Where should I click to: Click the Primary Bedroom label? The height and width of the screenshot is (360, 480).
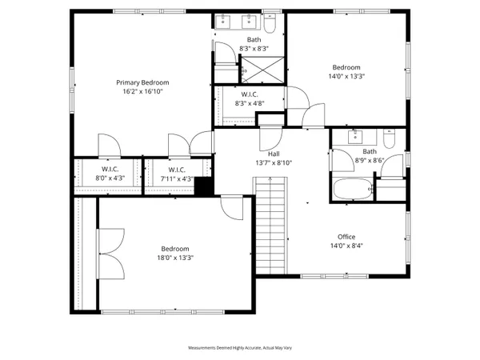tap(143, 82)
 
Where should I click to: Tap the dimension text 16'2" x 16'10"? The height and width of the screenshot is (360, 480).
tap(143, 92)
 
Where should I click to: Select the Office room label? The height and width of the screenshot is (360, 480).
tap(346, 237)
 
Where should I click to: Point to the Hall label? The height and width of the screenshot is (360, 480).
tap(274, 154)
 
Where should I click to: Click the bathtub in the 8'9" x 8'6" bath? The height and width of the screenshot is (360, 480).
tap(352, 191)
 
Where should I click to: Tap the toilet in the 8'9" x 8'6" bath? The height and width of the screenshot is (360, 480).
tap(389, 140)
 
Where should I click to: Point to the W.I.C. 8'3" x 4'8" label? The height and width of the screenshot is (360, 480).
tap(248, 98)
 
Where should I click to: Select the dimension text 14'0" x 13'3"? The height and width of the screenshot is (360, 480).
tap(346, 77)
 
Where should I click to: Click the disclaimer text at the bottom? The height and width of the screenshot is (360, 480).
tap(239, 349)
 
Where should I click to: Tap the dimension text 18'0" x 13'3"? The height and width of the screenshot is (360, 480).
tap(174, 258)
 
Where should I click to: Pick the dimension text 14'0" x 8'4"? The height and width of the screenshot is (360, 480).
tap(346, 246)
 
